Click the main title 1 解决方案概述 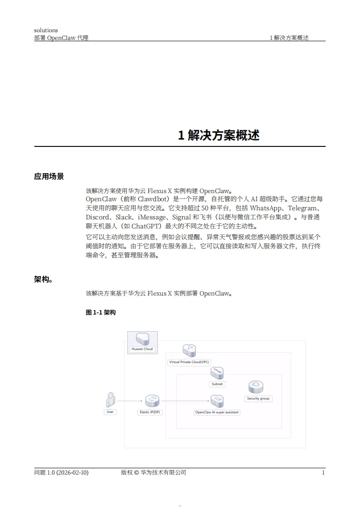coord(219,135)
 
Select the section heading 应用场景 coord(49,176)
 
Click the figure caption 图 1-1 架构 coord(101,312)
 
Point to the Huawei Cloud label coord(142,349)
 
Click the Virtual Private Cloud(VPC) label coord(189,362)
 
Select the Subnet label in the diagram coord(217,384)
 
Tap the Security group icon coord(256,387)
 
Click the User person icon coord(110,399)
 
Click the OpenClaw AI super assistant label coord(217,412)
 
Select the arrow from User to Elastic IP coord(130,401)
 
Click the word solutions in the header coord(46,30)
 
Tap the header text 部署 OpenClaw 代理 coord(61,38)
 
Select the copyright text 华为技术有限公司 coord(164,472)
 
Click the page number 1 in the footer coord(323,472)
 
